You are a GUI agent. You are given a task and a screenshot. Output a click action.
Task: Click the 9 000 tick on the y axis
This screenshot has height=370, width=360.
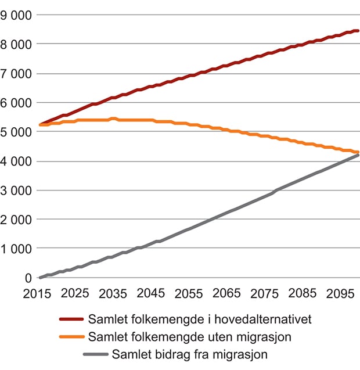tap(16, 15)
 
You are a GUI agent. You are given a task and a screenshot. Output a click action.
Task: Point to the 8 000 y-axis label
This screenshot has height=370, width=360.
tap(16, 44)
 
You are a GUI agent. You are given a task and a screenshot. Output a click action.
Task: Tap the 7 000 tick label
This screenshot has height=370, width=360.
tap(16, 73)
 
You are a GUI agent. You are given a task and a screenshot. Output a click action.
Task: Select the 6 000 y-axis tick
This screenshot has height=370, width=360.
tap(16, 102)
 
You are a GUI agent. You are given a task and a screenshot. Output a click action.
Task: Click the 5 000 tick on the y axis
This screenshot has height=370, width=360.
tap(16, 132)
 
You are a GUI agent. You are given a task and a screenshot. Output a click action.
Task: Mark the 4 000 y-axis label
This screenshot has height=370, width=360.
tap(16, 161)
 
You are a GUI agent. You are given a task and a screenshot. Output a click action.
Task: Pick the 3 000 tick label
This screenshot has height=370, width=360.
tap(16, 190)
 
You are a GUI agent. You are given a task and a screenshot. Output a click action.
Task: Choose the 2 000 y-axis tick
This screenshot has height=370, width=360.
tap(16, 220)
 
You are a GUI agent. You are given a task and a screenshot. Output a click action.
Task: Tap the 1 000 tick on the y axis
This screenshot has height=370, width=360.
tap(16, 249)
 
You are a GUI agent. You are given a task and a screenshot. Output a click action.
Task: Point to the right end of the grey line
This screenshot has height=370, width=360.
tap(358, 155)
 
